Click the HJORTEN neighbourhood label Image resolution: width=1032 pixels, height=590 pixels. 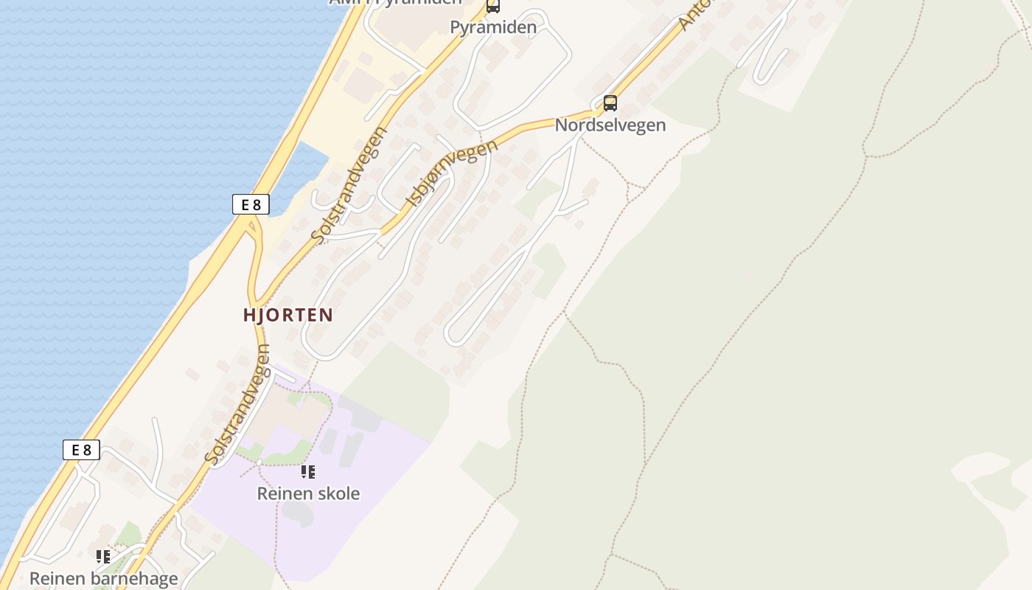coord(288,315)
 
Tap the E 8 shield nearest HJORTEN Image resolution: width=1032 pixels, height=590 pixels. coord(251,204)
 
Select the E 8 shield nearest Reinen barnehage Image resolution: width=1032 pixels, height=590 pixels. coord(81,449)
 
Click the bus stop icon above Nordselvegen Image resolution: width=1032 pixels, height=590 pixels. coord(610,103)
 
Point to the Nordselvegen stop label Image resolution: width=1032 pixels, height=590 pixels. coord(610,125)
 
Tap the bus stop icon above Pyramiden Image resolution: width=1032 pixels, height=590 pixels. coord(492,6)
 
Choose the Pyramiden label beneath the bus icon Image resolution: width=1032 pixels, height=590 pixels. coord(492,27)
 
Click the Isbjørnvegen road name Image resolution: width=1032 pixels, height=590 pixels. coord(451,173)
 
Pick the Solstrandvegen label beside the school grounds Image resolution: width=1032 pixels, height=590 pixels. coord(238,405)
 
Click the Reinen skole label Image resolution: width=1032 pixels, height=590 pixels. coord(308,493)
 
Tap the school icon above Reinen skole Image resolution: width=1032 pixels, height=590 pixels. coord(308,472)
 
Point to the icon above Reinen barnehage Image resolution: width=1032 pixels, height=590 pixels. coord(103,557)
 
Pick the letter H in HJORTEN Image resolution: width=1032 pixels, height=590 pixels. coord(249,315)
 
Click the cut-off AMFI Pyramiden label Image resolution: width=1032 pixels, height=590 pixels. coord(395,2)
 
